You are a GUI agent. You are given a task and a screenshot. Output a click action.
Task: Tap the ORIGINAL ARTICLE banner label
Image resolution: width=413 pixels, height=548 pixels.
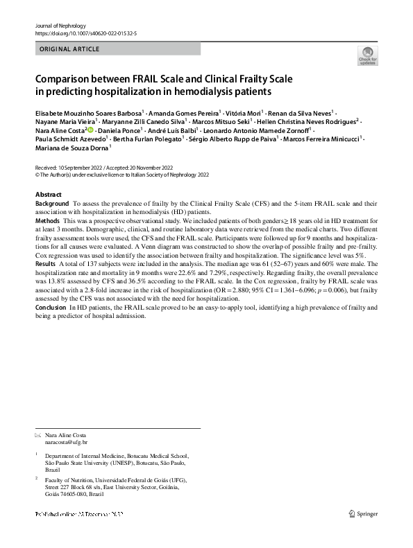click(x=69, y=49)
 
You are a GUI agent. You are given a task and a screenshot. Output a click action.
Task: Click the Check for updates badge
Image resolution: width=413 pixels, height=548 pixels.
click(x=366, y=57)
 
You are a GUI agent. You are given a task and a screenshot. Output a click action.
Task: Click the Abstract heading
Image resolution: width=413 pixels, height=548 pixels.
click(x=48, y=195)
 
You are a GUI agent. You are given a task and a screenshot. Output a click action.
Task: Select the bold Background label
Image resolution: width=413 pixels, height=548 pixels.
click(x=52, y=204)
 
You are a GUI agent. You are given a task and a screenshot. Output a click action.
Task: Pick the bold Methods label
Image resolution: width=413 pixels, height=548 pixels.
click(x=47, y=220)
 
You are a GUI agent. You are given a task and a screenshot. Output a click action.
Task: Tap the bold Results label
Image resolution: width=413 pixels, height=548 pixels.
click(x=45, y=264)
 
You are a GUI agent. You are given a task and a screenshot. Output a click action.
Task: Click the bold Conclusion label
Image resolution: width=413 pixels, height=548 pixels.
click(x=51, y=306)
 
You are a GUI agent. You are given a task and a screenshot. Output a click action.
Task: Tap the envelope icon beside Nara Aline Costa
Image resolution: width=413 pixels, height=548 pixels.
click(x=38, y=434)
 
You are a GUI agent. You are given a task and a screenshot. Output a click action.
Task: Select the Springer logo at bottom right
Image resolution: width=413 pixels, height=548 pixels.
click(x=363, y=513)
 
